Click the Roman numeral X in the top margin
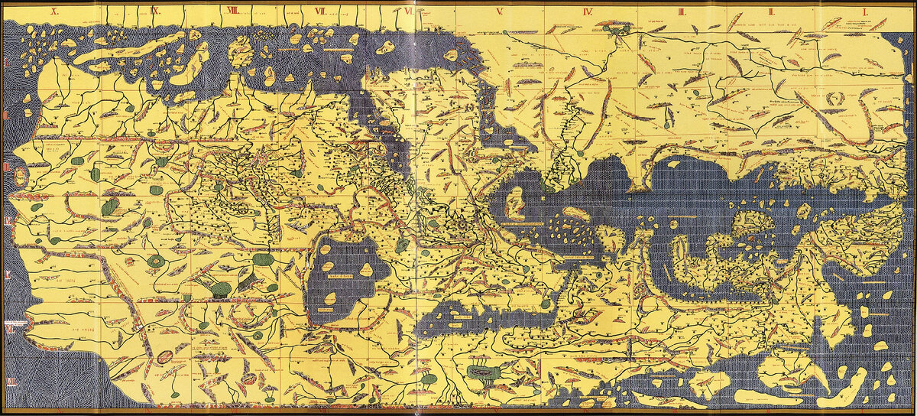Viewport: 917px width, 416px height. (x=55, y=11)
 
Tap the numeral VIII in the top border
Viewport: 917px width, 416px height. (x=232, y=11)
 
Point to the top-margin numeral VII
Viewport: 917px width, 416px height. (x=320, y=11)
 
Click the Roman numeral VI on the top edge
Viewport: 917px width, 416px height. (x=410, y=11)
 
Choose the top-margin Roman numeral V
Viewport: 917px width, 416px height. (x=499, y=11)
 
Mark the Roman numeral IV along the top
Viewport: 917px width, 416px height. (x=588, y=11)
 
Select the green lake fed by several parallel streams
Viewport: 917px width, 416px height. (x=486, y=374)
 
